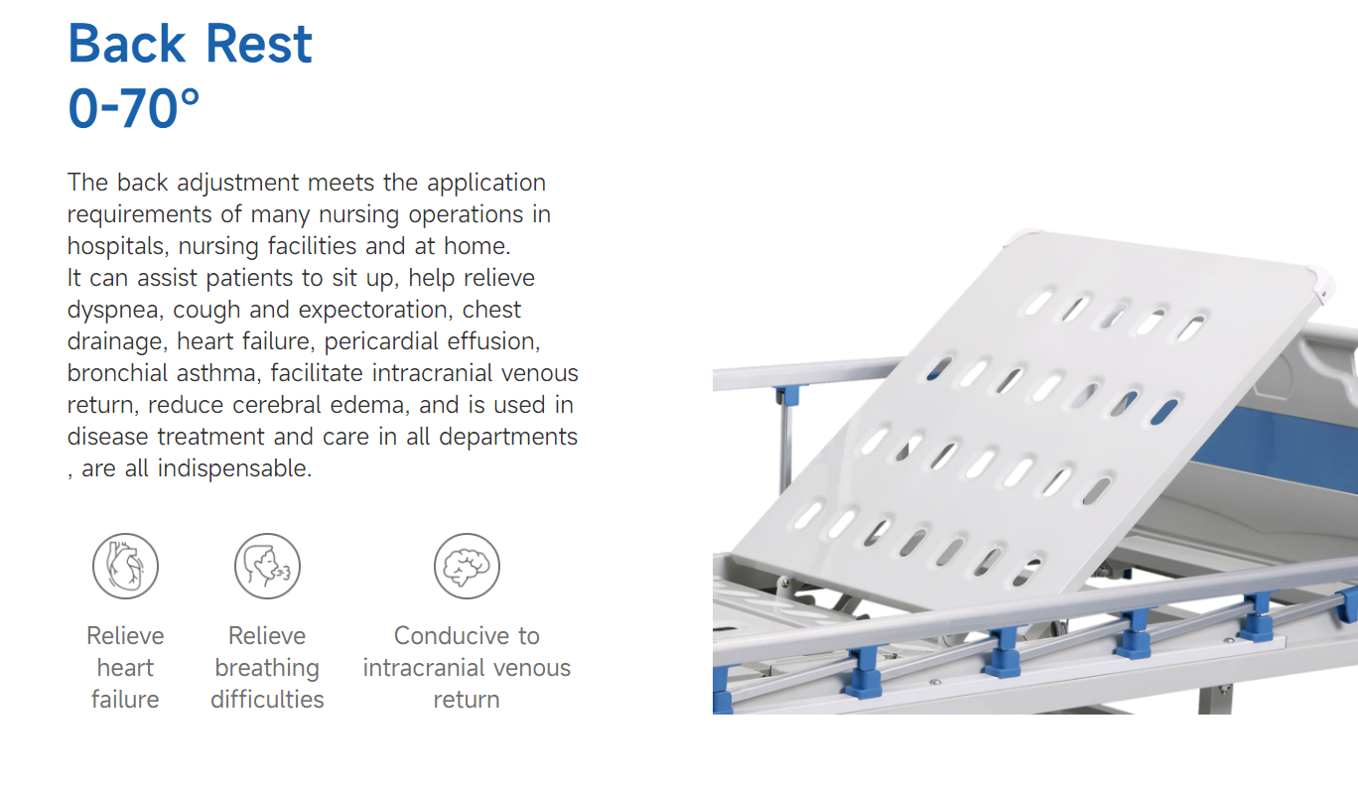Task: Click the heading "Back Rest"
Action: pos(190,44)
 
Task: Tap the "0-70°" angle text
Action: pos(133,108)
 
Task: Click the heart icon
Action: pos(125,566)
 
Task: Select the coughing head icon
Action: pos(267,566)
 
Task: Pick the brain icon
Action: pos(467,566)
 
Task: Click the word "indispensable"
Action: pos(234,468)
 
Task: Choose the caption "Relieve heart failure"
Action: pos(125,667)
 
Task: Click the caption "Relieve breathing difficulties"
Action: pos(267,667)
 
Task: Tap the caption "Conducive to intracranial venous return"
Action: pos(467,667)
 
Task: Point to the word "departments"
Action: pos(508,437)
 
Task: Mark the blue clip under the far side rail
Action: pos(787,396)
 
